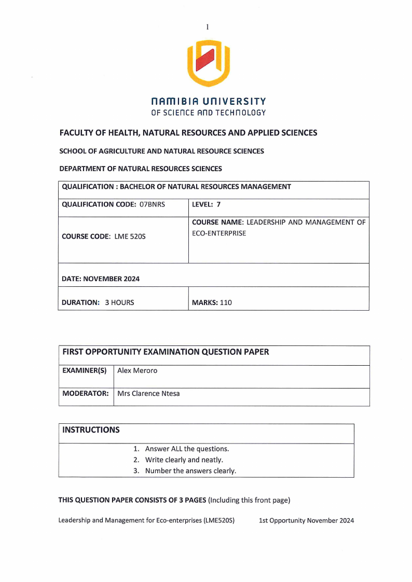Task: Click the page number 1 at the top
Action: coord(207,27)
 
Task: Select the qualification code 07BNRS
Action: coord(152,204)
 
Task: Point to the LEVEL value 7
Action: coord(218,204)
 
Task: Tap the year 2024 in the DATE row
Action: coord(130,279)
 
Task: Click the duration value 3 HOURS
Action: coord(119,302)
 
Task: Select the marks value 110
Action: coord(226,302)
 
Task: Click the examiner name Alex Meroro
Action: coord(138,371)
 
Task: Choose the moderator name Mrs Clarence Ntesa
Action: coord(149,393)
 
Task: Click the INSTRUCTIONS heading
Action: coord(91,430)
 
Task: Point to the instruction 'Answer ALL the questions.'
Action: coord(187,449)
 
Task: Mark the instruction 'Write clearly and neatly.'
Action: coord(184,460)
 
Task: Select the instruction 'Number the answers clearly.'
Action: coord(190,471)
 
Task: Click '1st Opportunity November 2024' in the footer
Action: coord(306,520)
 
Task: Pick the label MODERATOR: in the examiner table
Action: coord(86,393)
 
